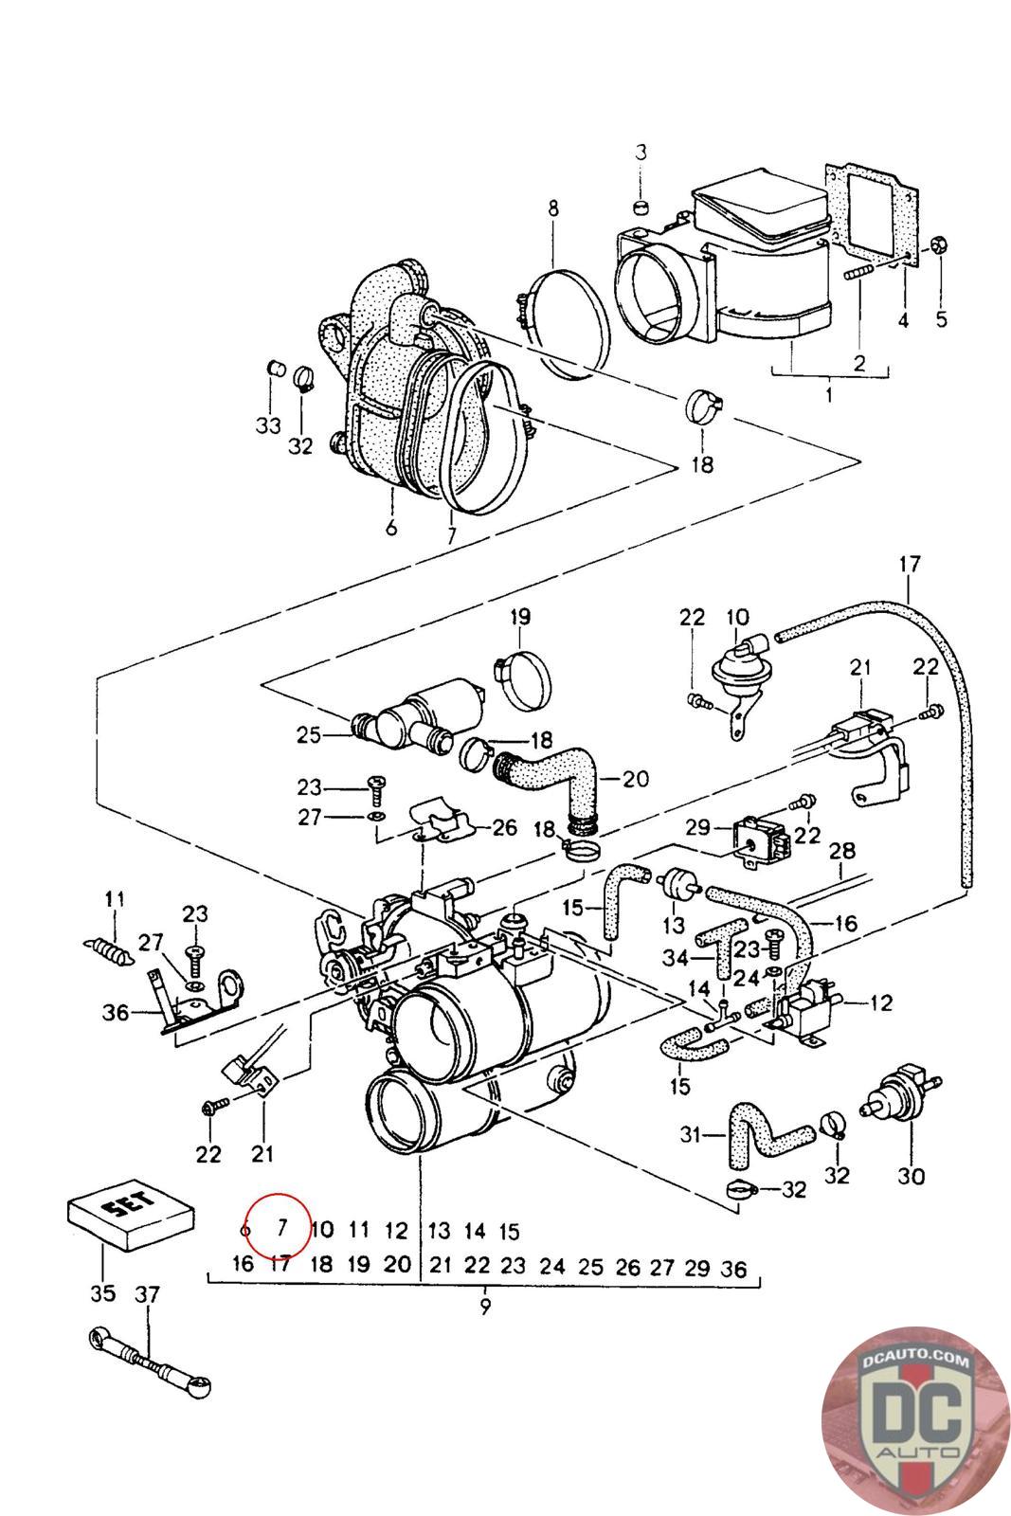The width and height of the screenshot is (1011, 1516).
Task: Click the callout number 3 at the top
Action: (x=641, y=153)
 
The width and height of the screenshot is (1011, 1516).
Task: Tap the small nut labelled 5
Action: (x=939, y=244)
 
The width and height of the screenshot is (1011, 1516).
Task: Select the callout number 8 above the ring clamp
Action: (x=552, y=208)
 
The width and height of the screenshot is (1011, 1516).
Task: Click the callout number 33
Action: (x=268, y=425)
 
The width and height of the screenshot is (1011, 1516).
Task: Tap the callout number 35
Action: (x=103, y=1292)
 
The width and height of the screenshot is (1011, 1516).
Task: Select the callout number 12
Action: (x=880, y=1002)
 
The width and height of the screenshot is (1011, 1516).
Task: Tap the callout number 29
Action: (x=697, y=827)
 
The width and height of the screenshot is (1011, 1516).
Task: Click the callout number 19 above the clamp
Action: (x=519, y=617)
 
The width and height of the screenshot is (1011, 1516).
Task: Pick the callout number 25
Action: (x=309, y=735)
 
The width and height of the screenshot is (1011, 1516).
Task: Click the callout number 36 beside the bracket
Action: (x=115, y=1013)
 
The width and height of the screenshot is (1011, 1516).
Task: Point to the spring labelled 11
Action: (x=103, y=948)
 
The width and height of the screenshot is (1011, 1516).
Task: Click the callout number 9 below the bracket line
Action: (x=484, y=1307)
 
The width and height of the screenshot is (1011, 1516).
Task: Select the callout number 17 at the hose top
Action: (x=911, y=564)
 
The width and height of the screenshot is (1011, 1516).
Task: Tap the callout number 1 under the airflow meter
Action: (x=830, y=393)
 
